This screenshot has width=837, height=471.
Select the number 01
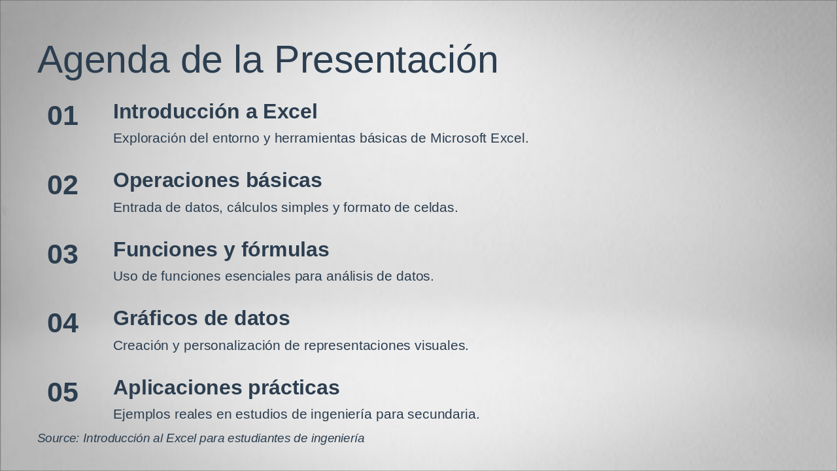(63, 116)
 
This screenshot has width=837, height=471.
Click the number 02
(63, 186)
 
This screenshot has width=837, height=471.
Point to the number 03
(63, 254)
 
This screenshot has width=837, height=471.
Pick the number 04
(63, 324)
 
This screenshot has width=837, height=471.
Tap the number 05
(63, 392)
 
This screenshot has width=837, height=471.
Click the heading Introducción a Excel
(215, 112)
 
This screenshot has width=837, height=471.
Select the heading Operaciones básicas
(217, 181)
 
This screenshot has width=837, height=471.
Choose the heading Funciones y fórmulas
(221, 250)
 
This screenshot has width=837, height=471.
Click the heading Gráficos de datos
(201, 319)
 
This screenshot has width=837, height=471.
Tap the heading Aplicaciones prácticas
(226, 388)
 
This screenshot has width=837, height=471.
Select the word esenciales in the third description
(258, 277)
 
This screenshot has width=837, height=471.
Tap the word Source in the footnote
(58, 438)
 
